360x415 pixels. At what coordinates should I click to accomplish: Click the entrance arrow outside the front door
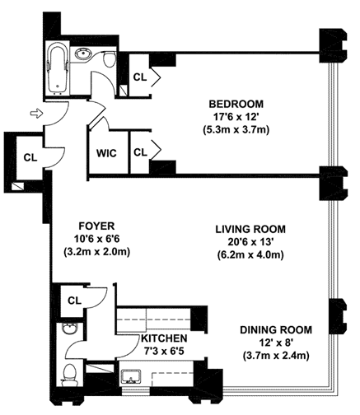point(36,113)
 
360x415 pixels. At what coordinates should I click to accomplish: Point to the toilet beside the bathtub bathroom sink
point(110,59)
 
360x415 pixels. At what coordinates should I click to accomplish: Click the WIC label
point(106,153)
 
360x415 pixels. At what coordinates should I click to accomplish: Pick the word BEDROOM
point(236,105)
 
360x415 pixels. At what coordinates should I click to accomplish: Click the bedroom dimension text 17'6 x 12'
point(236,117)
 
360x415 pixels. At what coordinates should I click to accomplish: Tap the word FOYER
point(96,226)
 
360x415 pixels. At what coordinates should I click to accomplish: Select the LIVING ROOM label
point(250,229)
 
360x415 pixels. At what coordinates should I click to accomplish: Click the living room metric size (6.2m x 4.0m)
point(250,255)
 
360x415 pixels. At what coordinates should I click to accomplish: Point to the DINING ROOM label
point(276,329)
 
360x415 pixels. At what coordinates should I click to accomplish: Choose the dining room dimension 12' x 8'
point(276,343)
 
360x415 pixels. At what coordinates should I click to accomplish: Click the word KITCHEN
point(164,338)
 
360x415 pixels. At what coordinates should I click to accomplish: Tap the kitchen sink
point(131,376)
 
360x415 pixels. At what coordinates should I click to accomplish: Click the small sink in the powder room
point(70,329)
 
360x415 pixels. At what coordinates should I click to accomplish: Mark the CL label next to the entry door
point(30,157)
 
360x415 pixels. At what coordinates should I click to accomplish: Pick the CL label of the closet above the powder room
point(74,301)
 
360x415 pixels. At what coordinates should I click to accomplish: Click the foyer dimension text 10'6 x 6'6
point(96,239)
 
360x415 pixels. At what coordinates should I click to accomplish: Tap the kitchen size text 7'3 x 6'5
point(164,351)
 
